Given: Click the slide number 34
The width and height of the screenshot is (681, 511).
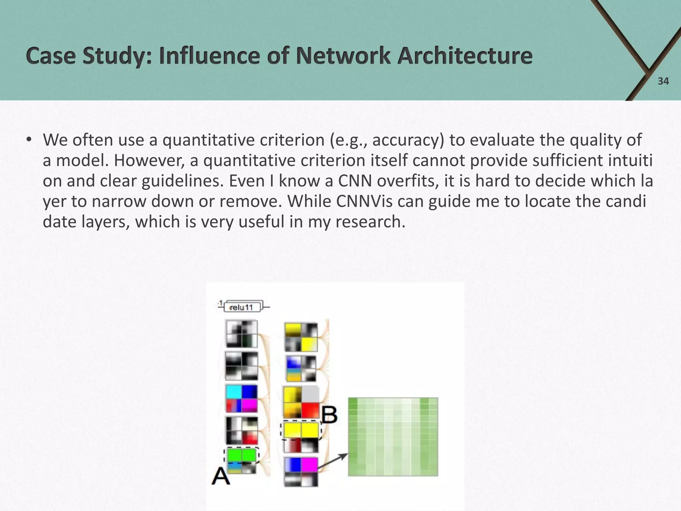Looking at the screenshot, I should point(663,81).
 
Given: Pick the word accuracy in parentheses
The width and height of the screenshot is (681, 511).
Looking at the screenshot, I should point(408,140).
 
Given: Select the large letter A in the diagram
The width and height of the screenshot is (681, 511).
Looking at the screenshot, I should point(221,476).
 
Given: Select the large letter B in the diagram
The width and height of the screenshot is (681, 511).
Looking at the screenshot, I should point(330,415).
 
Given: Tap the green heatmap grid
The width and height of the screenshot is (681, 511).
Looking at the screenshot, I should point(393,436).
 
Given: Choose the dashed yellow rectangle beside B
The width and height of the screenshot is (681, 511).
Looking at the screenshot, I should point(301,430).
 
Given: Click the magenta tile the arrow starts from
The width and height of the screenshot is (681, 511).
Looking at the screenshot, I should point(310,465).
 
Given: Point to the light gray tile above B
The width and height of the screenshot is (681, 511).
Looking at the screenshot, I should point(310,394).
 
